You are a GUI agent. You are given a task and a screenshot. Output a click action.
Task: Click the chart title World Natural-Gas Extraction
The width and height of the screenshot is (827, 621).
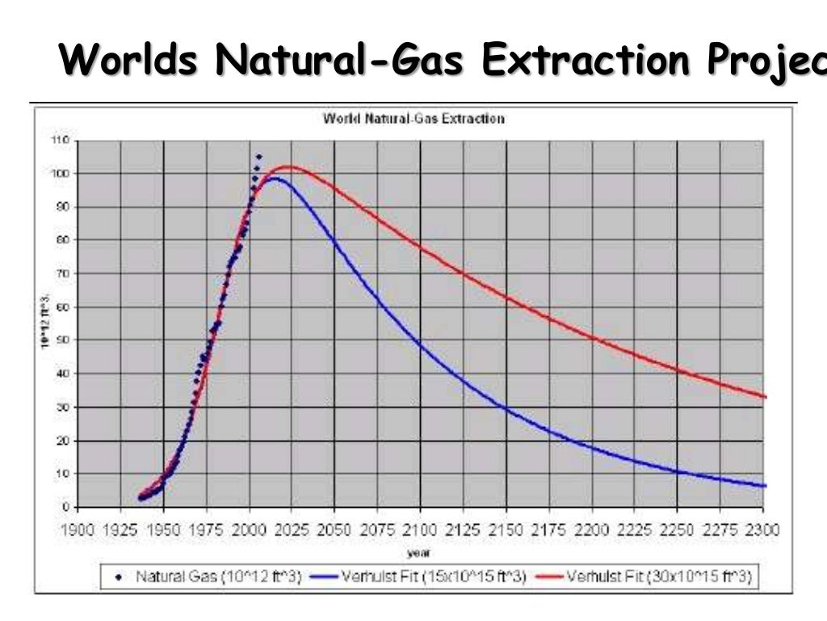413,119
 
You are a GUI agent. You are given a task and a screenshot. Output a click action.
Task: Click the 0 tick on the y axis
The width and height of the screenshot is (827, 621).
65,507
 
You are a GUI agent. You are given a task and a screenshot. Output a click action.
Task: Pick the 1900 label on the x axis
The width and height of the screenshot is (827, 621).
78,530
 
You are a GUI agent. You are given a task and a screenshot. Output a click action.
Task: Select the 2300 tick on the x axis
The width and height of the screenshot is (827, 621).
762,530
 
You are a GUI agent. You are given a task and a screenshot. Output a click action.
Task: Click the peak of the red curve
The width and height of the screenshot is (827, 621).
288,167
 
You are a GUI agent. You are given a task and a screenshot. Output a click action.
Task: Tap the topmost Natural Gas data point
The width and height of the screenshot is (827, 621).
259,156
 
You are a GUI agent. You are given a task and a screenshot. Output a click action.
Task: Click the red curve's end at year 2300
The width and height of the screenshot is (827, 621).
764,396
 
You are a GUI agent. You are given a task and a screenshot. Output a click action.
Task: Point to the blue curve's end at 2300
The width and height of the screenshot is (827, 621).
764,486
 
